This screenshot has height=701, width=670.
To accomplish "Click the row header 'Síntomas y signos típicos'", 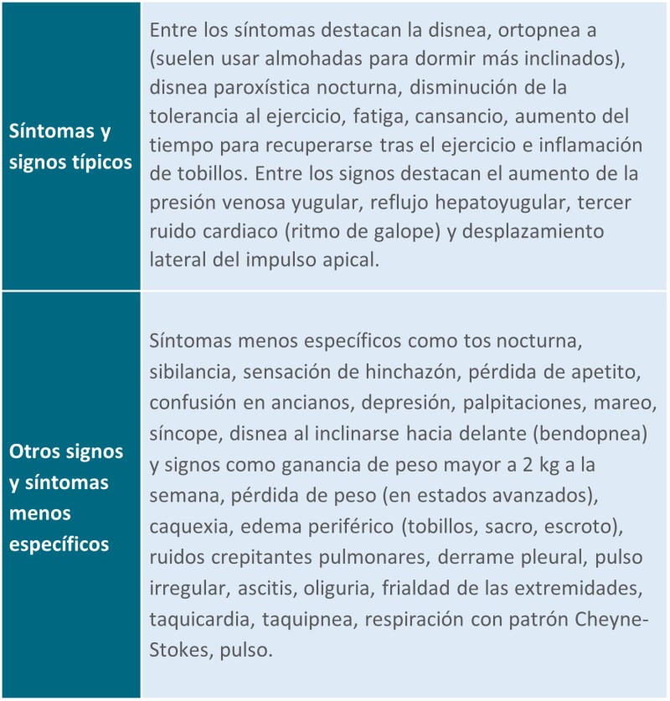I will [x=70, y=147].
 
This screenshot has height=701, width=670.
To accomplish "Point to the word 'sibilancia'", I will [x=188, y=373].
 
